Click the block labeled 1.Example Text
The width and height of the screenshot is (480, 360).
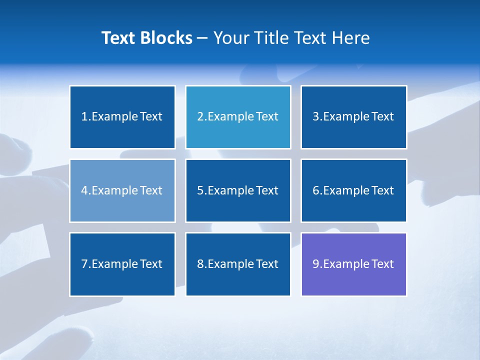pyautogui.click(x=122, y=117)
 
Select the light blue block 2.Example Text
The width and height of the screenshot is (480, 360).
pyautogui.click(x=238, y=117)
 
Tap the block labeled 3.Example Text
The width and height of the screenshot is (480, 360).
pyautogui.click(x=353, y=117)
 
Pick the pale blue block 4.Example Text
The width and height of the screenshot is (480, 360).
pyautogui.click(x=122, y=190)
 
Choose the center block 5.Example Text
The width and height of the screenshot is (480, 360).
pyautogui.click(x=238, y=190)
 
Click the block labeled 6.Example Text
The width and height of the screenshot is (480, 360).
pyautogui.click(x=353, y=190)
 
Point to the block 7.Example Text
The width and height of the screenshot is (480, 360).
pyautogui.click(x=122, y=264)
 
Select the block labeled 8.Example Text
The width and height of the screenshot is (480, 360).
pyautogui.click(x=238, y=264)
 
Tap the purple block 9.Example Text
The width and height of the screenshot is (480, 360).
pyautogui.click(x=353, y=264)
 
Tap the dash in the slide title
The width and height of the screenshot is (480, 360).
pyautogui.click(x=202, y=38)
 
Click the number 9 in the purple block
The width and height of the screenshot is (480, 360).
pyautogui.click(x=316, y=264)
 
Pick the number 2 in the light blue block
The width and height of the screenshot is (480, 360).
pyautogui.click(x=200, y=117)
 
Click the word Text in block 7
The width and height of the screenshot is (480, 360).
pyautogui.click(x=151, y=264)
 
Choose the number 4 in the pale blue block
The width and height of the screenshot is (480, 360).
pyautogui.click(x=84, y=190)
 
